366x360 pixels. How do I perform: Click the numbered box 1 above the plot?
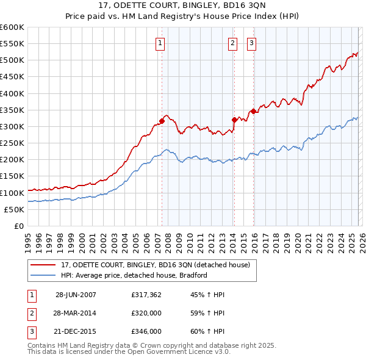160,43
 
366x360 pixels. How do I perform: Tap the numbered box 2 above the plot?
233,43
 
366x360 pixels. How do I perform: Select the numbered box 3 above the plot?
251,43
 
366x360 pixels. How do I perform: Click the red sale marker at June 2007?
162,121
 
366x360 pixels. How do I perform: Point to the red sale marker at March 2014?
234,120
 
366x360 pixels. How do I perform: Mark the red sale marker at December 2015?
253,111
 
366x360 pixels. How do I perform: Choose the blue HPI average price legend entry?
134,275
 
